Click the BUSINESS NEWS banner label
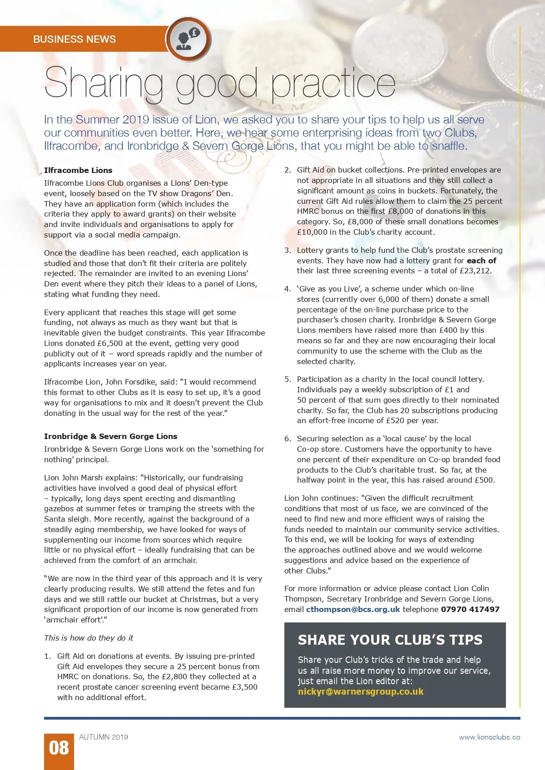tap(74, 39)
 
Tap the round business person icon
tap(188, 39)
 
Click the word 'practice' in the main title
tap(333, 83)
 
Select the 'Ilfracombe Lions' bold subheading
tap(78, 170)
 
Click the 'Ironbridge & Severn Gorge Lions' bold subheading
tap(110, 436)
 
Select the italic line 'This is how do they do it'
tap(89, 638)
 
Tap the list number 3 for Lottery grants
tap(287, 250)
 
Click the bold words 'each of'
tap(481, 261)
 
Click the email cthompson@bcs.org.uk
tap(353, 609)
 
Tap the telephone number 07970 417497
tap(470, 609)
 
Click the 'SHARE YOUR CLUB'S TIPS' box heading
tap(390, 640)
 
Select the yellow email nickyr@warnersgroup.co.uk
tap(361, 691)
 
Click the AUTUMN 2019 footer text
tap(104, 737)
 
